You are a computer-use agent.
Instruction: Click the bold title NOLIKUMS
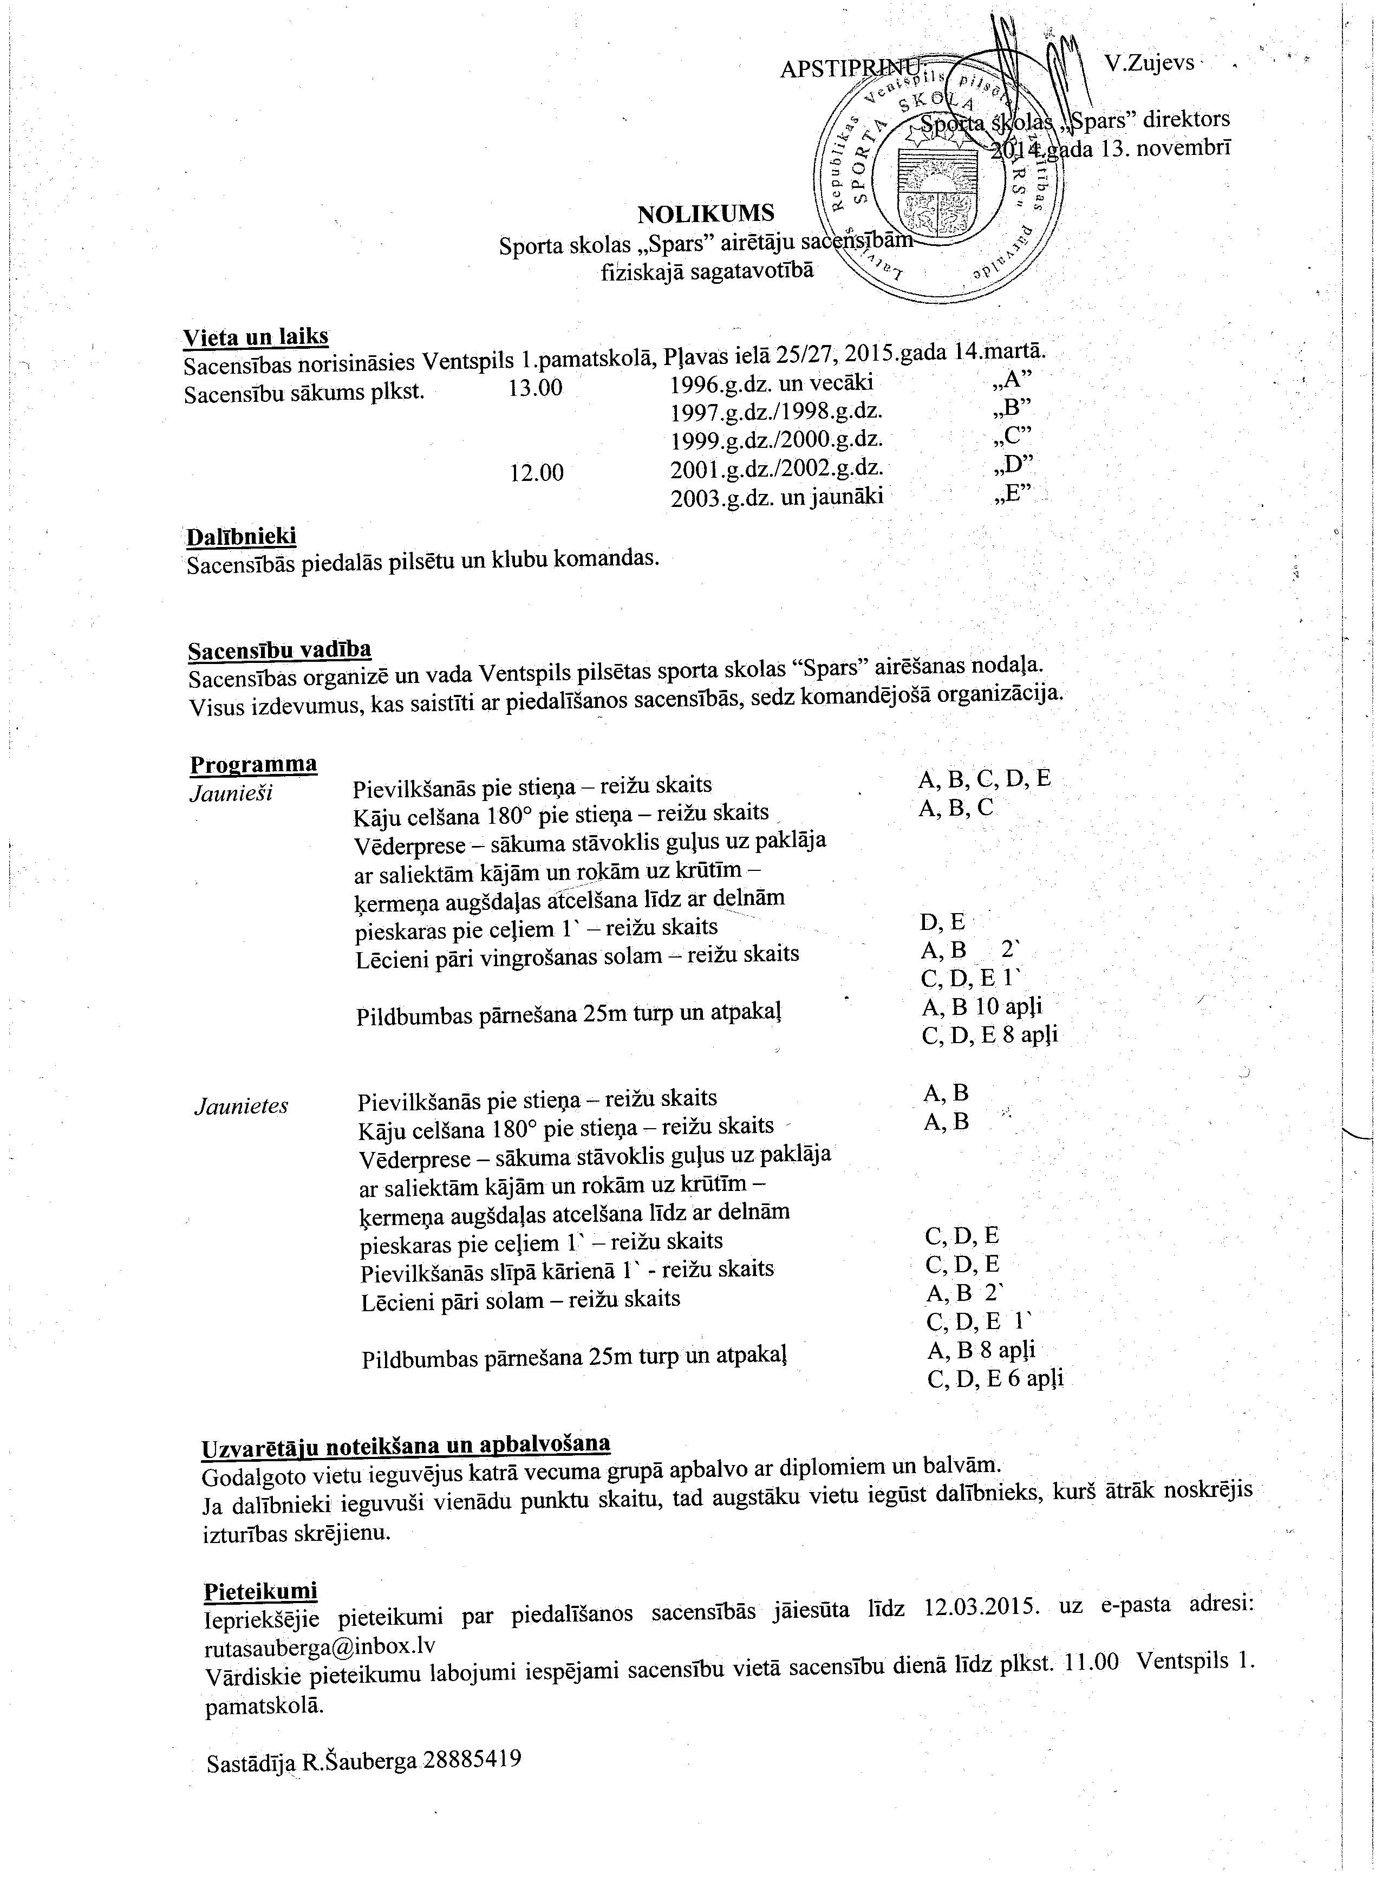(x=706, y=214)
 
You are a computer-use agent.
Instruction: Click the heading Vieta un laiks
(x=256, y=336)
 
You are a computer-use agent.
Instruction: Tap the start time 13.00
(x=536, y=388)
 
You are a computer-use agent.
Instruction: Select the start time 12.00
(x=536, y=473)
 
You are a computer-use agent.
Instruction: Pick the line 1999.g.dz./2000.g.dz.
(x=777, y=439)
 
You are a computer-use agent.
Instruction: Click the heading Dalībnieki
(x=242, y=536)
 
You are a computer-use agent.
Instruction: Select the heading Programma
(x=253, y=764)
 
